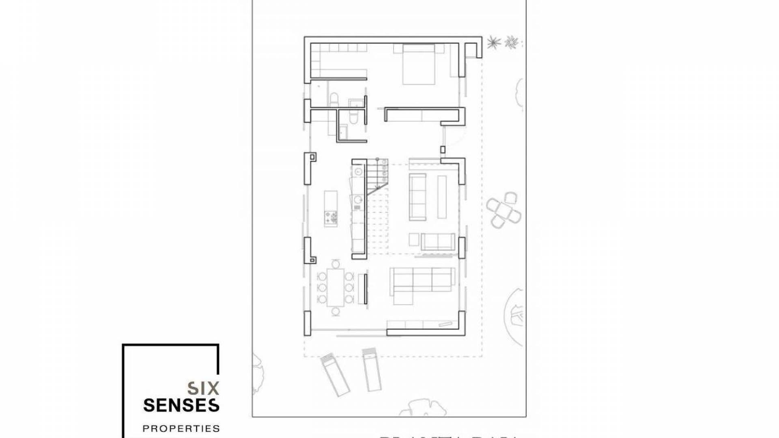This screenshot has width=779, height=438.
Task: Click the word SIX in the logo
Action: coord(203,388)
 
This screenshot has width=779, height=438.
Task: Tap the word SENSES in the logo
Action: coord(181,405)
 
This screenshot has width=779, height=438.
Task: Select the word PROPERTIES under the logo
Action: coord(181,428)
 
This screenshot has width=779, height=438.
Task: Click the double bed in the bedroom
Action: coord(418,65)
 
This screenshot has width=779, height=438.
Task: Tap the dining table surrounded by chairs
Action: coord(335,288)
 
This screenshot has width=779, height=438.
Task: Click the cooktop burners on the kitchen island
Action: coord(331,218)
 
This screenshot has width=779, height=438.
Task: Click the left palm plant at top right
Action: coord(493,42)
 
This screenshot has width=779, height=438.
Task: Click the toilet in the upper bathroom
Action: coord(334,99)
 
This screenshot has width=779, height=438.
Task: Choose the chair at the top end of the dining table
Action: coord(335,264)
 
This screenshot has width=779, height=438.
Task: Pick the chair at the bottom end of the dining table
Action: coord(335,311)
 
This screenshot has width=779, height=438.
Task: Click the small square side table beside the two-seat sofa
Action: coord(414,239)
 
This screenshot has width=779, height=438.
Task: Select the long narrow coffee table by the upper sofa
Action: coord(442,191)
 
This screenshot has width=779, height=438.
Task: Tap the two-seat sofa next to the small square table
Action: coord(438,241)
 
